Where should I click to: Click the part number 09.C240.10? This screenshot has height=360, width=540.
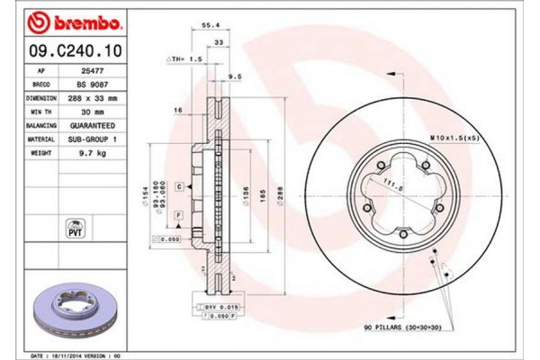coord(63,52)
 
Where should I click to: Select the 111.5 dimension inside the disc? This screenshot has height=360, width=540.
coord(388,185)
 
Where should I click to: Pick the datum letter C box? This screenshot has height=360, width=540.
coord(179,185)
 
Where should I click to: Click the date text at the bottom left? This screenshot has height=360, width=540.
coord(76,355)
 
